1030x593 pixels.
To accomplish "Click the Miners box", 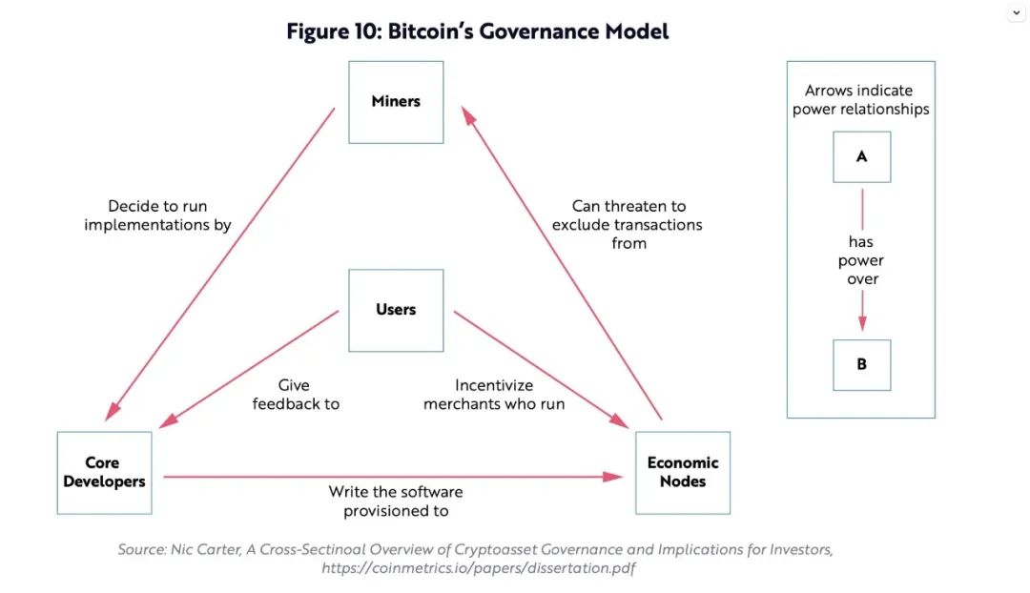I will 396,102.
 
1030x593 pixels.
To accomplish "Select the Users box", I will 396,310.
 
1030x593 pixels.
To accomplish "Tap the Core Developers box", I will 104,473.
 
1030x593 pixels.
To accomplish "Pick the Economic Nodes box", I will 683,473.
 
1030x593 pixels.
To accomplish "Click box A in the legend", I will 861,156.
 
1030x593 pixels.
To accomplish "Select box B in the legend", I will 861,364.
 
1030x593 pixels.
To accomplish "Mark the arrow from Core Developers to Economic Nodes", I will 391,476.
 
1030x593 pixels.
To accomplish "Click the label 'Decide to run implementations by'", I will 157,215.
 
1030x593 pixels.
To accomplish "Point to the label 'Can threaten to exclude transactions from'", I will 628,225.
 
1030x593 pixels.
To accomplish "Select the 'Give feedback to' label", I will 296,395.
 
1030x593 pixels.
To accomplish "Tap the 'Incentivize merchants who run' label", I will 494,395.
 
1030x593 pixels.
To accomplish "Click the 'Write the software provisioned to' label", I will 396,501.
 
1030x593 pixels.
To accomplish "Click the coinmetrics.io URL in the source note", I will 478,568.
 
